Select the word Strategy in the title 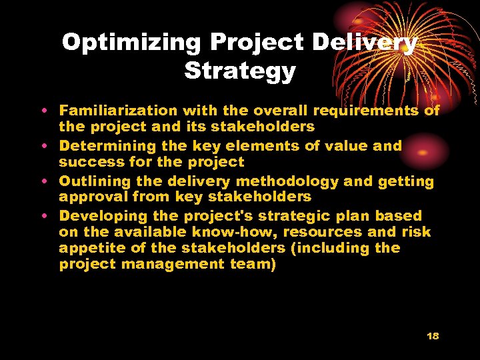pos(240,70)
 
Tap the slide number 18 pos(433,336)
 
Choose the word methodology pos(284,181)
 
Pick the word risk pos(417,232)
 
